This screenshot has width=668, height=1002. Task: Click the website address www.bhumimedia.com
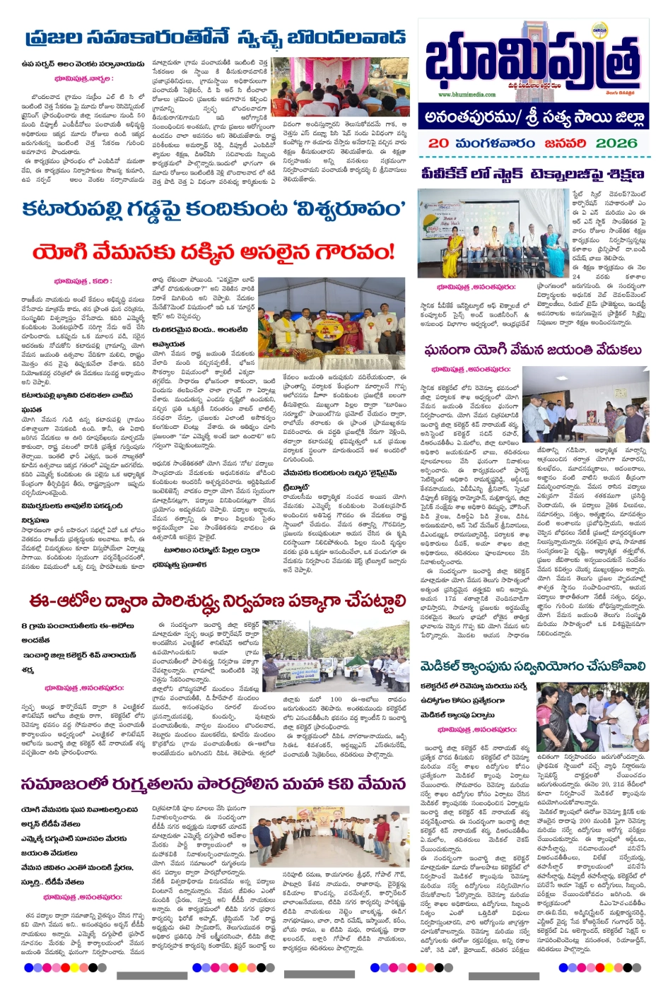467,94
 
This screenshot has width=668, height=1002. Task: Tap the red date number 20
438,143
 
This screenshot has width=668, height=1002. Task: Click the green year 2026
616,143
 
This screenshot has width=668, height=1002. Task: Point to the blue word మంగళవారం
494,143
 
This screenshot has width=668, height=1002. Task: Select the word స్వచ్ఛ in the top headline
267,37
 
